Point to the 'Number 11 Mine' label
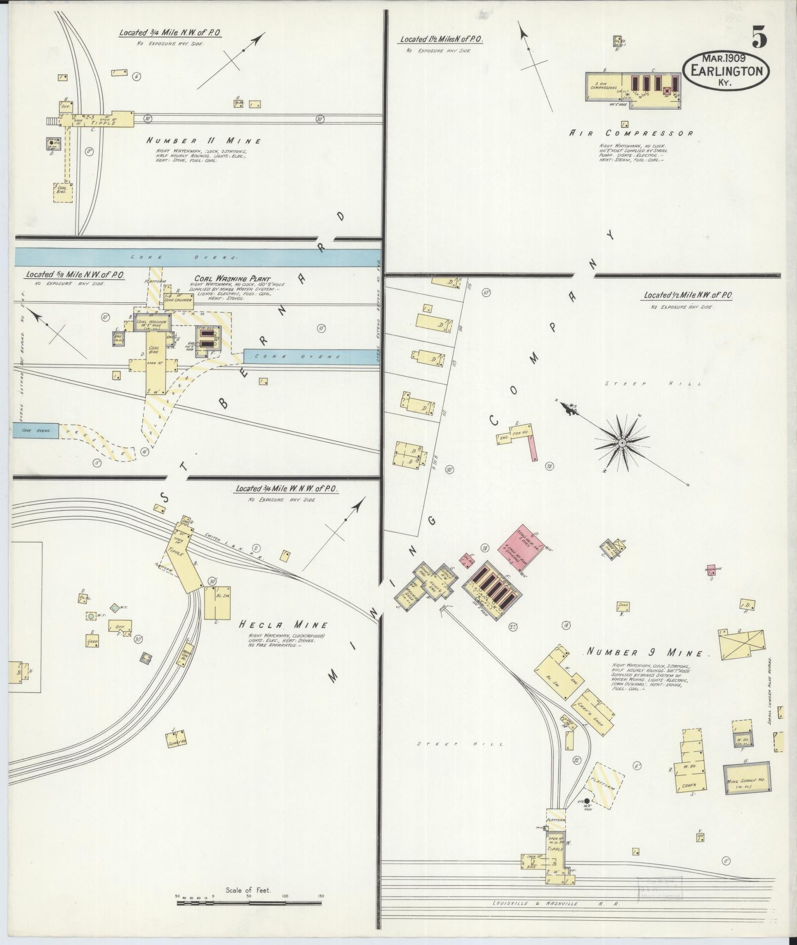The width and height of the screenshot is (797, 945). (204, 141)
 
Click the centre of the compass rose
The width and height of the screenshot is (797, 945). (623, 442)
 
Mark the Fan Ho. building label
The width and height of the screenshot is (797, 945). (518, 433)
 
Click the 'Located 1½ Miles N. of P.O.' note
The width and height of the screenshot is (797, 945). (441, 39)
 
